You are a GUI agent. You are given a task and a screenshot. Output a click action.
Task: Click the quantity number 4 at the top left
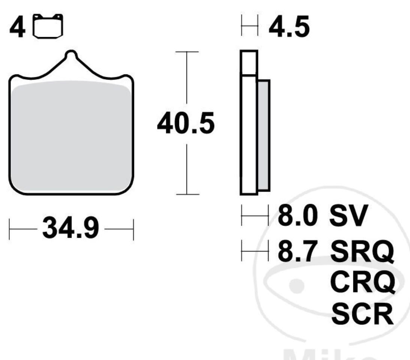pyautogui.click(x=17, y=28)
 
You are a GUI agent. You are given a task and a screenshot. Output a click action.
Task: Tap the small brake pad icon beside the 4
pyautogui.click(x=48, y=27)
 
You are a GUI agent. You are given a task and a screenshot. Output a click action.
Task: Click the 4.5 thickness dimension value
pyautogui.click(x=289, y=27)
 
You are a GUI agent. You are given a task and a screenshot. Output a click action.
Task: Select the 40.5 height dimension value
pyautogui.click(x=186, y=123)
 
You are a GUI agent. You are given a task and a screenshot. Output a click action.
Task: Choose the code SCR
pyautogui.click(x=362, y=315)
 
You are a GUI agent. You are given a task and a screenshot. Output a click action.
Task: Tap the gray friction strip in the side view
pyautogui.click(x=263, y=135)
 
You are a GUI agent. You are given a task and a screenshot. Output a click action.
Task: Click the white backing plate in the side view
pyautogui.click(x=249, y=135)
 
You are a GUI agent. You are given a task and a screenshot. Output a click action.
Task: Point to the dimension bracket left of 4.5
pyautogui.click(x=249, y=26)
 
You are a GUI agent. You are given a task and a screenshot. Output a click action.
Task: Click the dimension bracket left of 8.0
pyautogui.click(x=255, y=215)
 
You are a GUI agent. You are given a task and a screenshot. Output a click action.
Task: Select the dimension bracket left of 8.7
pyautogui.click(x=255, y=251)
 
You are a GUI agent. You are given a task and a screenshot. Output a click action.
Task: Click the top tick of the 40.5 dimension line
pyautogui.click(x=186, y=51)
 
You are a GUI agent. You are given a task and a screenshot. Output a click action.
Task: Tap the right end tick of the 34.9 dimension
pyautogui.click(x=133, y=229)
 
